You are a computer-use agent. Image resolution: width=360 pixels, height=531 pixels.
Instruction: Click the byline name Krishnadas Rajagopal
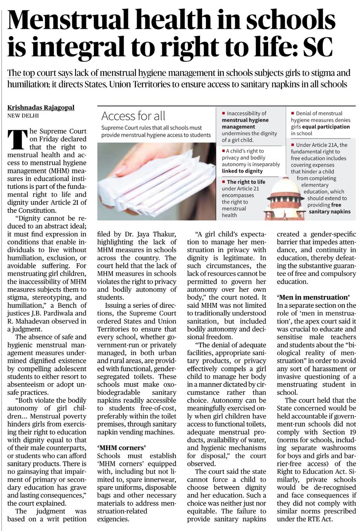click(x=41, y=107)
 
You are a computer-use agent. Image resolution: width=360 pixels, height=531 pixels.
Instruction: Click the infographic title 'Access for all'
click(x=133, y=116)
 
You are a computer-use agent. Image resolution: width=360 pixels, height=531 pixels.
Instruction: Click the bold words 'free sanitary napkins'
click(x=329, y=208)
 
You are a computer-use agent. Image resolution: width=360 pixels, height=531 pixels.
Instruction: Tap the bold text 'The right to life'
click(x=245, y=182)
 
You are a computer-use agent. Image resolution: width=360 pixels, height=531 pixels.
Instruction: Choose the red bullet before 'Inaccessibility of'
click(x=223, y=113)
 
